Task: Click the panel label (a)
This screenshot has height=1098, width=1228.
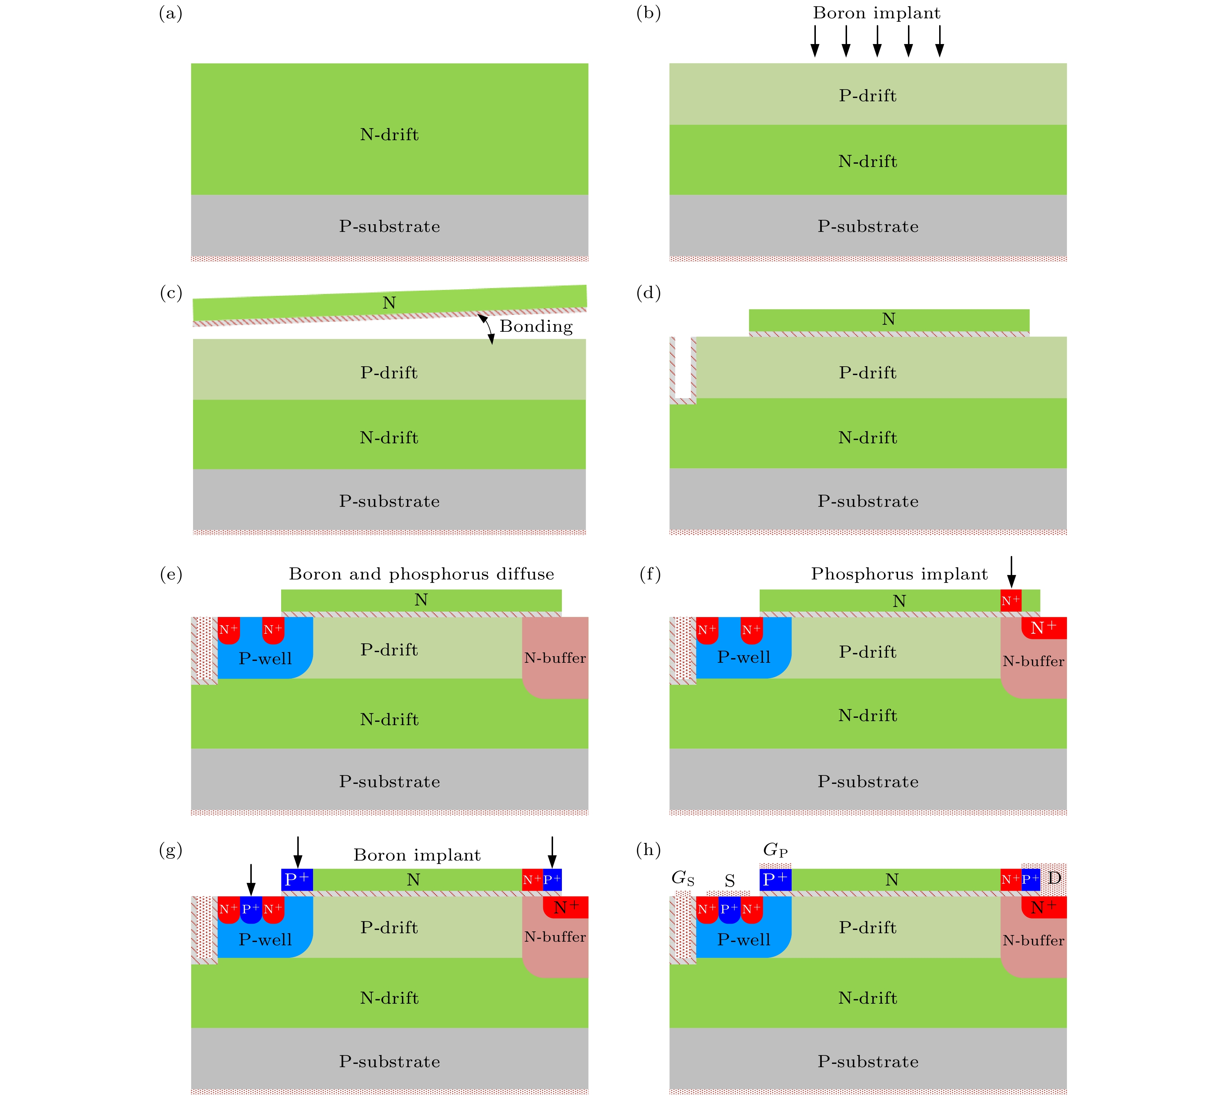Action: point(170,13)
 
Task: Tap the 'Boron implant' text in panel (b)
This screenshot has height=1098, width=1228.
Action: point(876,13)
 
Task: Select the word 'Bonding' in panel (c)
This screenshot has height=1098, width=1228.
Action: point(536,326)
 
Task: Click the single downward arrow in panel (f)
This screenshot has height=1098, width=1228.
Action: point(1011,572)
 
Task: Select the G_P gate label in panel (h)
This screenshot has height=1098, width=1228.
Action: point(775,850)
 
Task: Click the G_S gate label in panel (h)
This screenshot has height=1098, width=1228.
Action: point(683,879)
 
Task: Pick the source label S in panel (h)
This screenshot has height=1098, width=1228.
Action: point(730,881)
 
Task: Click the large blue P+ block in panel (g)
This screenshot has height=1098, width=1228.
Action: point(297,880)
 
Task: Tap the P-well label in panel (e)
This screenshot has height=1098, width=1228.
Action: point(265,658)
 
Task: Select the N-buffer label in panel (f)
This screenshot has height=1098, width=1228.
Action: point(1033,661)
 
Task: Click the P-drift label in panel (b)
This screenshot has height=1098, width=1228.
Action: point(868,95)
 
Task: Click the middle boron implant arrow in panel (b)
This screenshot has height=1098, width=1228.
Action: point(877,41)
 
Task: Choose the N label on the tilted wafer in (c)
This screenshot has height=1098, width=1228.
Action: point(389,303)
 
